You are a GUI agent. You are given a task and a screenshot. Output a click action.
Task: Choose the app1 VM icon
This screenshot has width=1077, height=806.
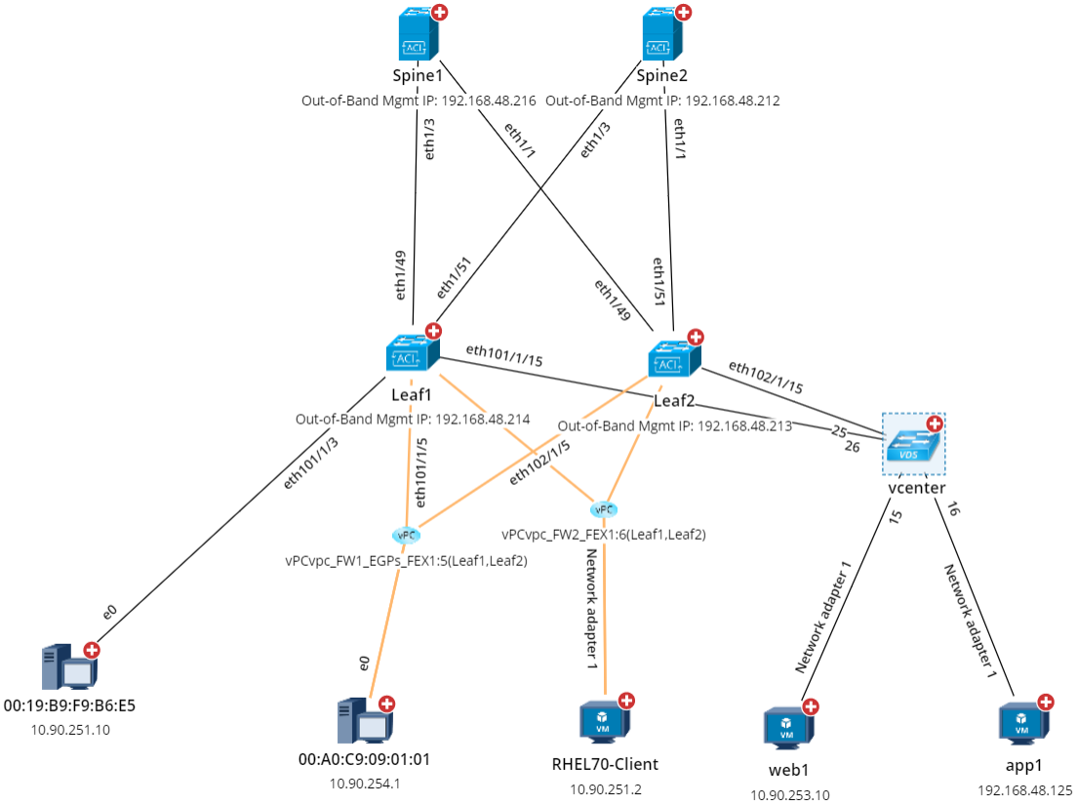point(1021,724)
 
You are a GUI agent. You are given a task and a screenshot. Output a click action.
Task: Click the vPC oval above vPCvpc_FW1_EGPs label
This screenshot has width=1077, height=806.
point(407,535)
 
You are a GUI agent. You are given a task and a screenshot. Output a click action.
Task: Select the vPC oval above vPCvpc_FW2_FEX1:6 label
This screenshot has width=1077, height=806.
point(604,509)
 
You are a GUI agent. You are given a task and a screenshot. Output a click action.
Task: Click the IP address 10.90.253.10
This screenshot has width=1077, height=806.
point(789,795)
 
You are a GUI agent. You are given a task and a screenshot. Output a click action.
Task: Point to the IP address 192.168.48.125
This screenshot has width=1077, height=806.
point(1024,789)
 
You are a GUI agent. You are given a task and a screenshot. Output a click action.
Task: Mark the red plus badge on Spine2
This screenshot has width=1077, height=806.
point(684,13)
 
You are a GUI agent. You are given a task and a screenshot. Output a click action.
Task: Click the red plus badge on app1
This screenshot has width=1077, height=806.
point(1046,702)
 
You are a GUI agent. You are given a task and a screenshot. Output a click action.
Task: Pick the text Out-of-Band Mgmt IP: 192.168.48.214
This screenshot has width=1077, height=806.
point(413,420)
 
